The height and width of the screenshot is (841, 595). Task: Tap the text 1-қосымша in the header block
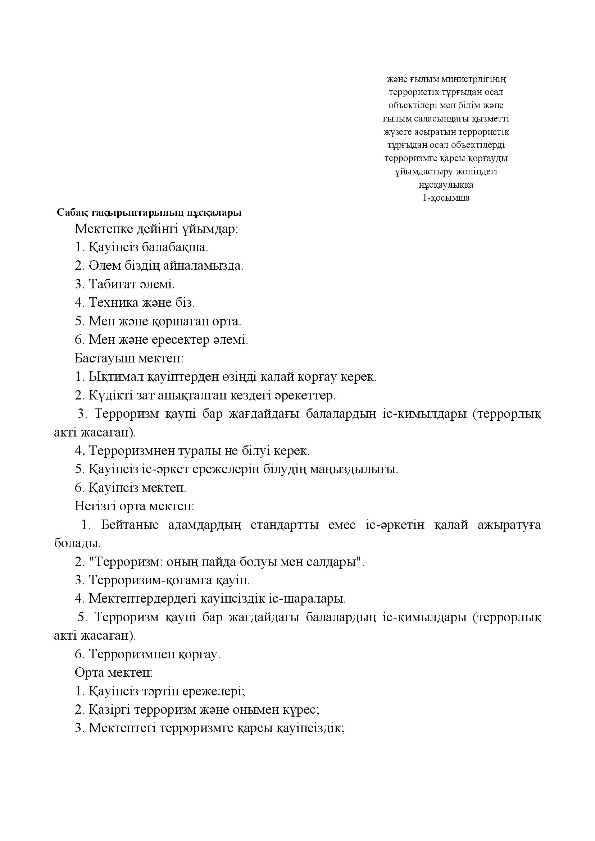click(446, 198)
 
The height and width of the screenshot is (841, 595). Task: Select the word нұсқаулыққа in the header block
click(446, 185)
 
